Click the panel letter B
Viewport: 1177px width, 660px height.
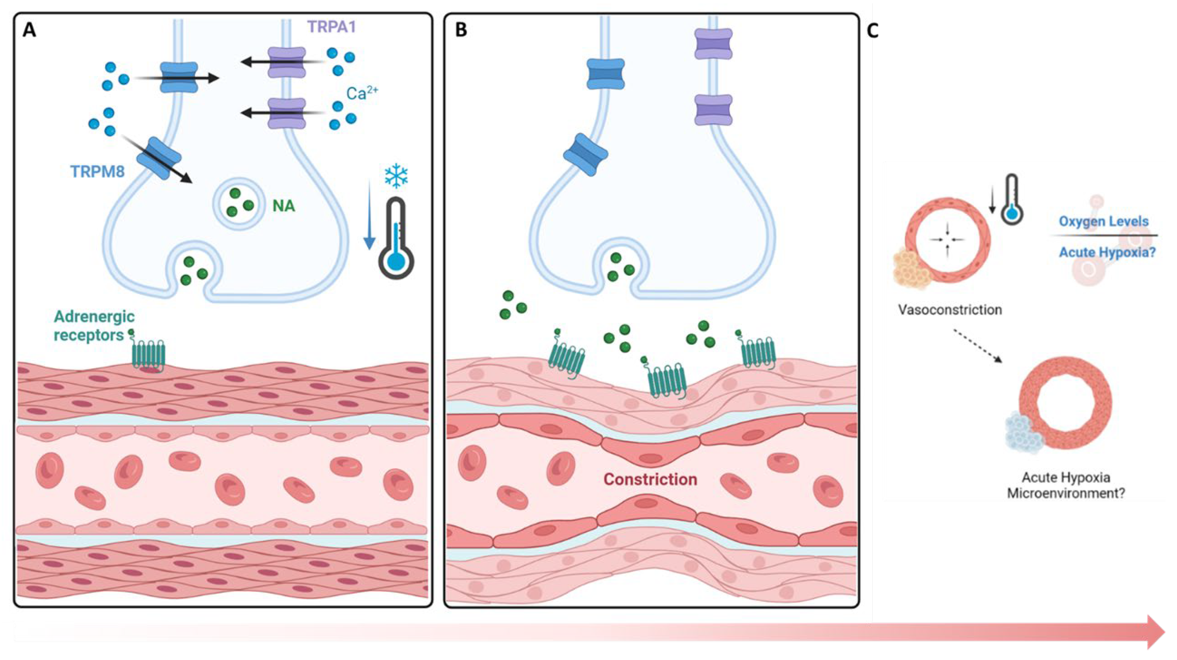(x=461, y=30)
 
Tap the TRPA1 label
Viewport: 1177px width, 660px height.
(x=331, y=27)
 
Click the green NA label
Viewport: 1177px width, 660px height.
(x=284, y=206)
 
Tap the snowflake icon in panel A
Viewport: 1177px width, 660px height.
(x=396, y=176)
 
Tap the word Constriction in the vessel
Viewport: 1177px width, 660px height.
(x=650, y=479)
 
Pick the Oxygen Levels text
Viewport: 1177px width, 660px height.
(x=1103, y=222)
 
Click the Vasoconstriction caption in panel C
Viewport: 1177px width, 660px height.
(x=950, y=310)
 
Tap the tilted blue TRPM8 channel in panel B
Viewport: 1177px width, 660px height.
(x=585, y=155)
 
